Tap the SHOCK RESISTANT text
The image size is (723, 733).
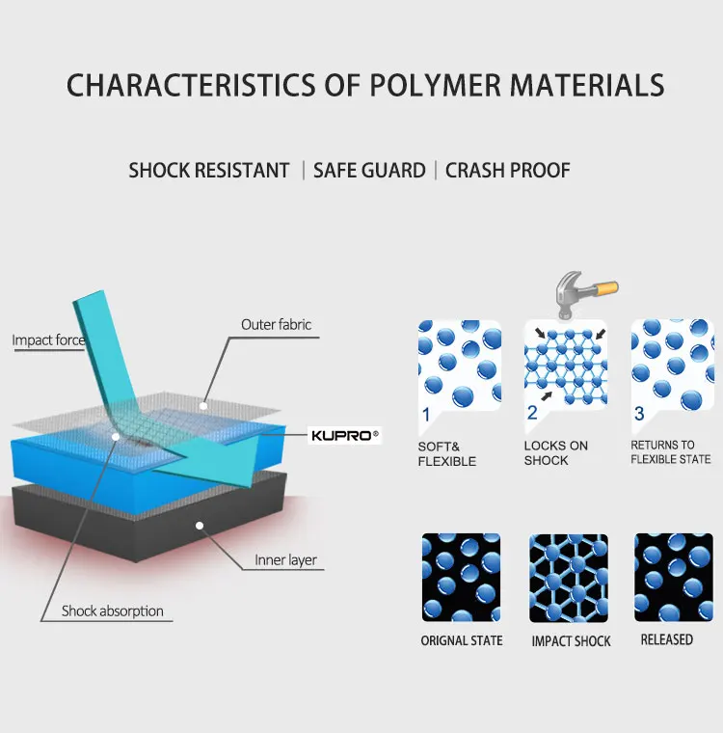coord(209,171)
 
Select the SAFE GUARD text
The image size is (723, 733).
coord(369,171)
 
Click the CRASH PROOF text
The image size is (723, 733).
coord(508,171)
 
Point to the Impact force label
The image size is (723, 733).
coord(48,339)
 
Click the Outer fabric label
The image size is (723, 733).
coord(276,325)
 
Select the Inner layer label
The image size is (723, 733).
coord(285,560)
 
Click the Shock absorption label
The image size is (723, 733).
coord(113,611)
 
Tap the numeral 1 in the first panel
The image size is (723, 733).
coord(425,415)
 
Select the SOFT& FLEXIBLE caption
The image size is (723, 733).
coord(447,454)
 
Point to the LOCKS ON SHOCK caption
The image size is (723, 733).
coord(556,453)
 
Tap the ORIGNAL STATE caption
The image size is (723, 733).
coord(462,640)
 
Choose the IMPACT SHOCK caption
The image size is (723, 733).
coord(571,641)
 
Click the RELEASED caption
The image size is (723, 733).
coord(666,639)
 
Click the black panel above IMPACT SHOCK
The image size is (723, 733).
coord(569,578)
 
